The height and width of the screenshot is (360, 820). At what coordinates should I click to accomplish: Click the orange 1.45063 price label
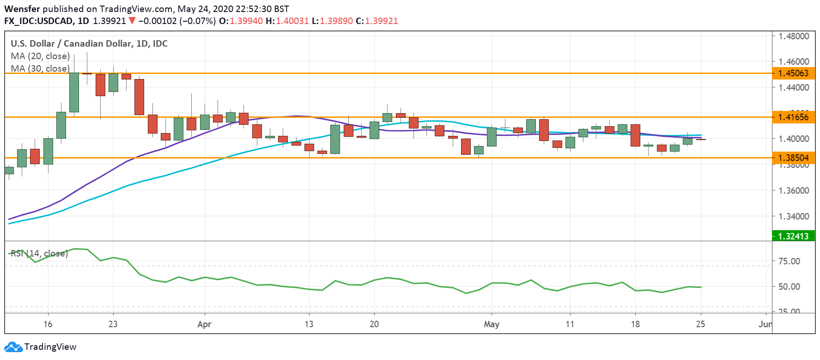coord(793,73)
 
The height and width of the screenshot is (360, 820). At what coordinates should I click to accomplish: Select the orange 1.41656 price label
coord(793,117)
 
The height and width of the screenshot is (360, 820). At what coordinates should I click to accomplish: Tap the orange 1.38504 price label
coord(793,158)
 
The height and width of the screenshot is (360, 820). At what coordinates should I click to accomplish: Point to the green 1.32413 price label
coord(793,236)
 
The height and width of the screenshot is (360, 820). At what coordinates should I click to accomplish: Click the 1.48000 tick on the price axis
coord(794,36)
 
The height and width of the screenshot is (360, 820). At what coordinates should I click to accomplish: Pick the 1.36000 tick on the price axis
coord(794,190)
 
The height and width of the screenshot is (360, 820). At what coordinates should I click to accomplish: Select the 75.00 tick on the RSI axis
coord(789,261)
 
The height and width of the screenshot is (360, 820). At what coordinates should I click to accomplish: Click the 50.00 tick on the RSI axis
coord(789,287)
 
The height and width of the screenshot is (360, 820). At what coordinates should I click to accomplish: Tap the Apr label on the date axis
coord(204,324)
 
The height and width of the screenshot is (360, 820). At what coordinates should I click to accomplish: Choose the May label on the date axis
coord(492,324)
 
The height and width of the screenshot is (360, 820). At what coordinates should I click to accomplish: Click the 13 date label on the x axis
coord(309,324)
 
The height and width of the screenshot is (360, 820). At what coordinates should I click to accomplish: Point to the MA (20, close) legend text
coord(40,56)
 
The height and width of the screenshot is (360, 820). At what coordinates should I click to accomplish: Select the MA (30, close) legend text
coord(40,68)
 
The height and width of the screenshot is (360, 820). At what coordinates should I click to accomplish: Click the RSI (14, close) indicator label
coord(39,253)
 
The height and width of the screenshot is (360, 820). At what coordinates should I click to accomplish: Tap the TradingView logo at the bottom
coord(40,347)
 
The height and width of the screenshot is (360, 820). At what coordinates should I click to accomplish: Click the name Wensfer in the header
coord(22,9)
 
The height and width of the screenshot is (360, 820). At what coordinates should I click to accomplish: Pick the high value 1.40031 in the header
coord(292,21)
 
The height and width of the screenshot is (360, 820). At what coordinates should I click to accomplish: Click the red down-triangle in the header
coord(132,21)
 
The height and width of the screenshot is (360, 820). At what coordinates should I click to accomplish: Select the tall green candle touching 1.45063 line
coord(74,92)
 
